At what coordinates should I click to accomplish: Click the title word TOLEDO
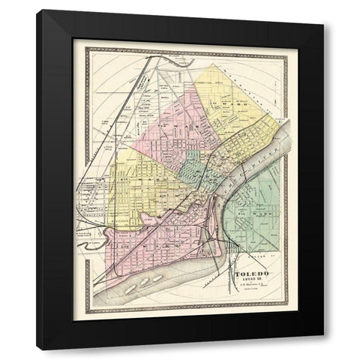253,274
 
